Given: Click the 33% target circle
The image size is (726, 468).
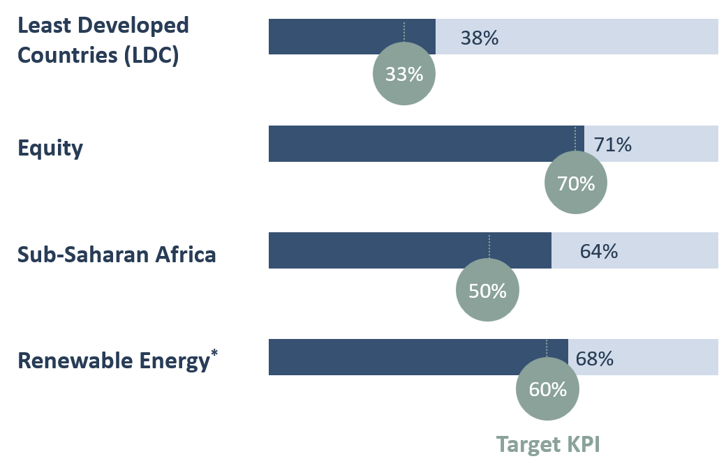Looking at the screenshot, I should pyautogui.click(x=404, y=74).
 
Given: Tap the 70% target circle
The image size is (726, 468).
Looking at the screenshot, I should pyautogui.click(x=575, y=183).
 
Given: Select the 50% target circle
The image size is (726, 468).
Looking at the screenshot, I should pyautogui.click(x=487, y=290).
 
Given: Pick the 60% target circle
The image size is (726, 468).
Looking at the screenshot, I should pyautogui.click(x=547, y=389).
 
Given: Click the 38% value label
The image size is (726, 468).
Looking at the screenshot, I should pyautogui.click(x=479, y=38).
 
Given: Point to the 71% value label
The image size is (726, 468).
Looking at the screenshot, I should pyautogui.click(x=612, y=145).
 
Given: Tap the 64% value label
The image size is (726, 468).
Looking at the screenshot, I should pyautogui.click(x=598, y=251).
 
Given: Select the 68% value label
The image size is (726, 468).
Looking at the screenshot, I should pyautogui.click(x=595, y=358).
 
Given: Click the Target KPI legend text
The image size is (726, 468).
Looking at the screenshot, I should pyautogui.click(x=548, y=444).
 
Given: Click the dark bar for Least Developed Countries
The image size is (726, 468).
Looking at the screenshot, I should pyautogui.click(x=335, y=36).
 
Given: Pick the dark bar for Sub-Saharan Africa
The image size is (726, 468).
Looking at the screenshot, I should pyautogui.click(x=377, y=250).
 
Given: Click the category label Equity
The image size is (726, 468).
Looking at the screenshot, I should pyautogui.click(x=50, y=148).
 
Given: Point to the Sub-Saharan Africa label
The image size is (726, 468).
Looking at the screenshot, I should pyautogui.click(x=117, y=255).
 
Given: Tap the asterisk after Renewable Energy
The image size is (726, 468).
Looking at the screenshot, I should pyautogui.click(x=214, y=354).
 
